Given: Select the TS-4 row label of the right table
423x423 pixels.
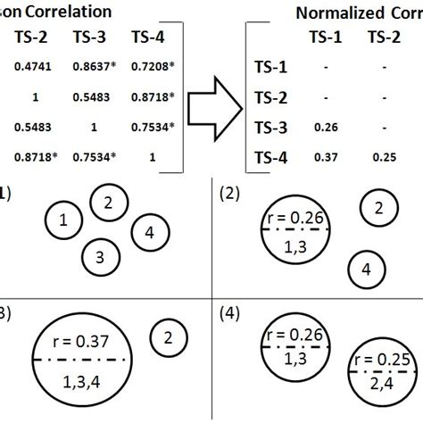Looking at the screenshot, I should point(270,157).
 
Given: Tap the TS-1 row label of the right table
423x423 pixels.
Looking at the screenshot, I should point(270,66).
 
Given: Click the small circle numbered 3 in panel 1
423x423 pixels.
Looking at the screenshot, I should point(100,258).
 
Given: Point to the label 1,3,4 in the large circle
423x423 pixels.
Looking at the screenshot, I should point(83,379).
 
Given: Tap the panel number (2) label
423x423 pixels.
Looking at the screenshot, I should point(229,190).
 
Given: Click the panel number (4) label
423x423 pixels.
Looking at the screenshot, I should point(229,313).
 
